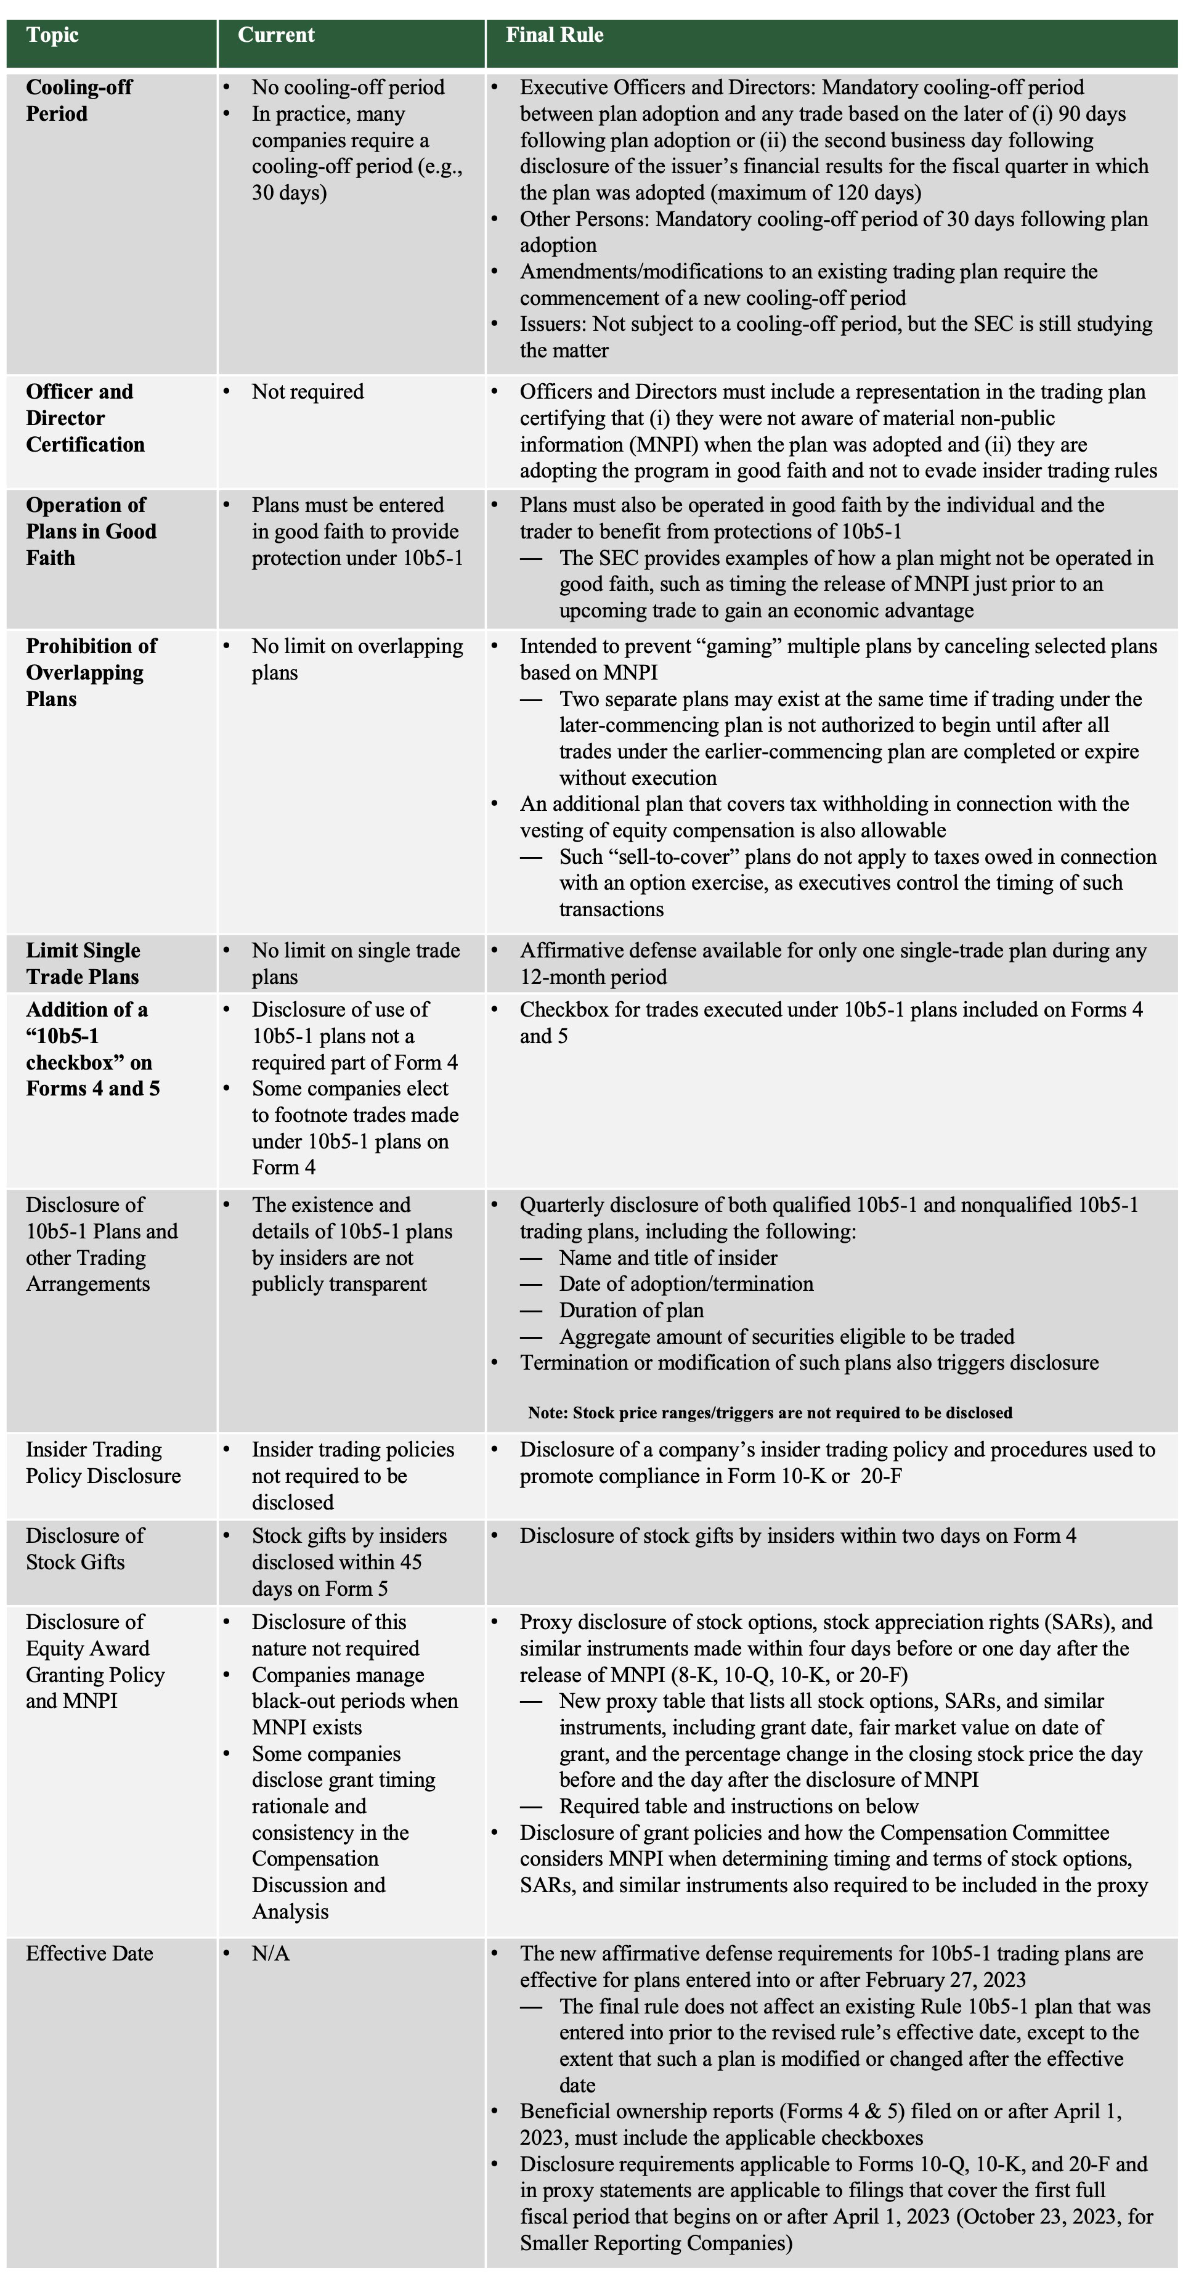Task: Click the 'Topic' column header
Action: pyautogui.click(x=52, y=36)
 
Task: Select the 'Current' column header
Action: pyautogui.click(x=276, y=36)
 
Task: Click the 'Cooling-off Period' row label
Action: pyautogui.click(x=78, y=100)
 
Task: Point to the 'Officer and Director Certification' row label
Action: pyautogui.click(x=84, y=418)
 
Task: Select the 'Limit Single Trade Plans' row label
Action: pyautogui.click(x=83, y=964)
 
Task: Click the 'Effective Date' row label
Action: pyautogui.click(x=89, y=1953)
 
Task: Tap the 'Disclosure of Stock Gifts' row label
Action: pyautogui.click(x=84, y=1548)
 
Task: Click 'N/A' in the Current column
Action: pyautogui.click(x=270, y=1953)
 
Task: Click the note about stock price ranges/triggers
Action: pyautogui.click(x=770, y=1412)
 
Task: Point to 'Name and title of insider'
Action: pyautogui.click(x=667, y=1258)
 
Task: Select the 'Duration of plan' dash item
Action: pyautogui.click(x=631, y=1310)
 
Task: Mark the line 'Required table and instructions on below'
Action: pyautogui.click(x=738, y=1806)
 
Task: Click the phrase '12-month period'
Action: pyautogui.click(x=593, y=977)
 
